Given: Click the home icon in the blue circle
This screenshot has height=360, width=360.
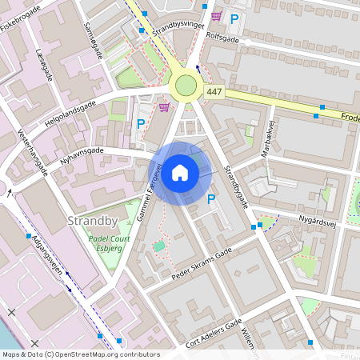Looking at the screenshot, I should (180, 172).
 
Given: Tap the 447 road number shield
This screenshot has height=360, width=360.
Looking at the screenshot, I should (214, 93).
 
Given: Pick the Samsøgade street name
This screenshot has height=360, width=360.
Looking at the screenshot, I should (93, 40).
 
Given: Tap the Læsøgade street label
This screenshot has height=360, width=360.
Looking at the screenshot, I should (44, 62).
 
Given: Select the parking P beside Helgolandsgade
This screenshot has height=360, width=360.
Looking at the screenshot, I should (141, 124).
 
